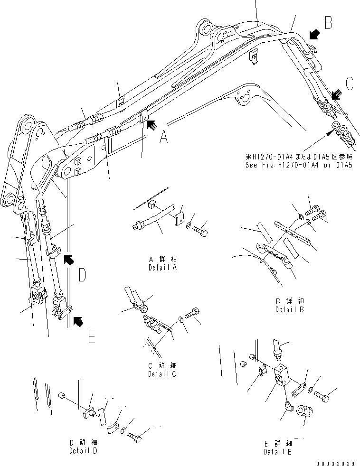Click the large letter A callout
163,138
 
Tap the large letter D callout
82,275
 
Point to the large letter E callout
92,336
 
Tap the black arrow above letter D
68,259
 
